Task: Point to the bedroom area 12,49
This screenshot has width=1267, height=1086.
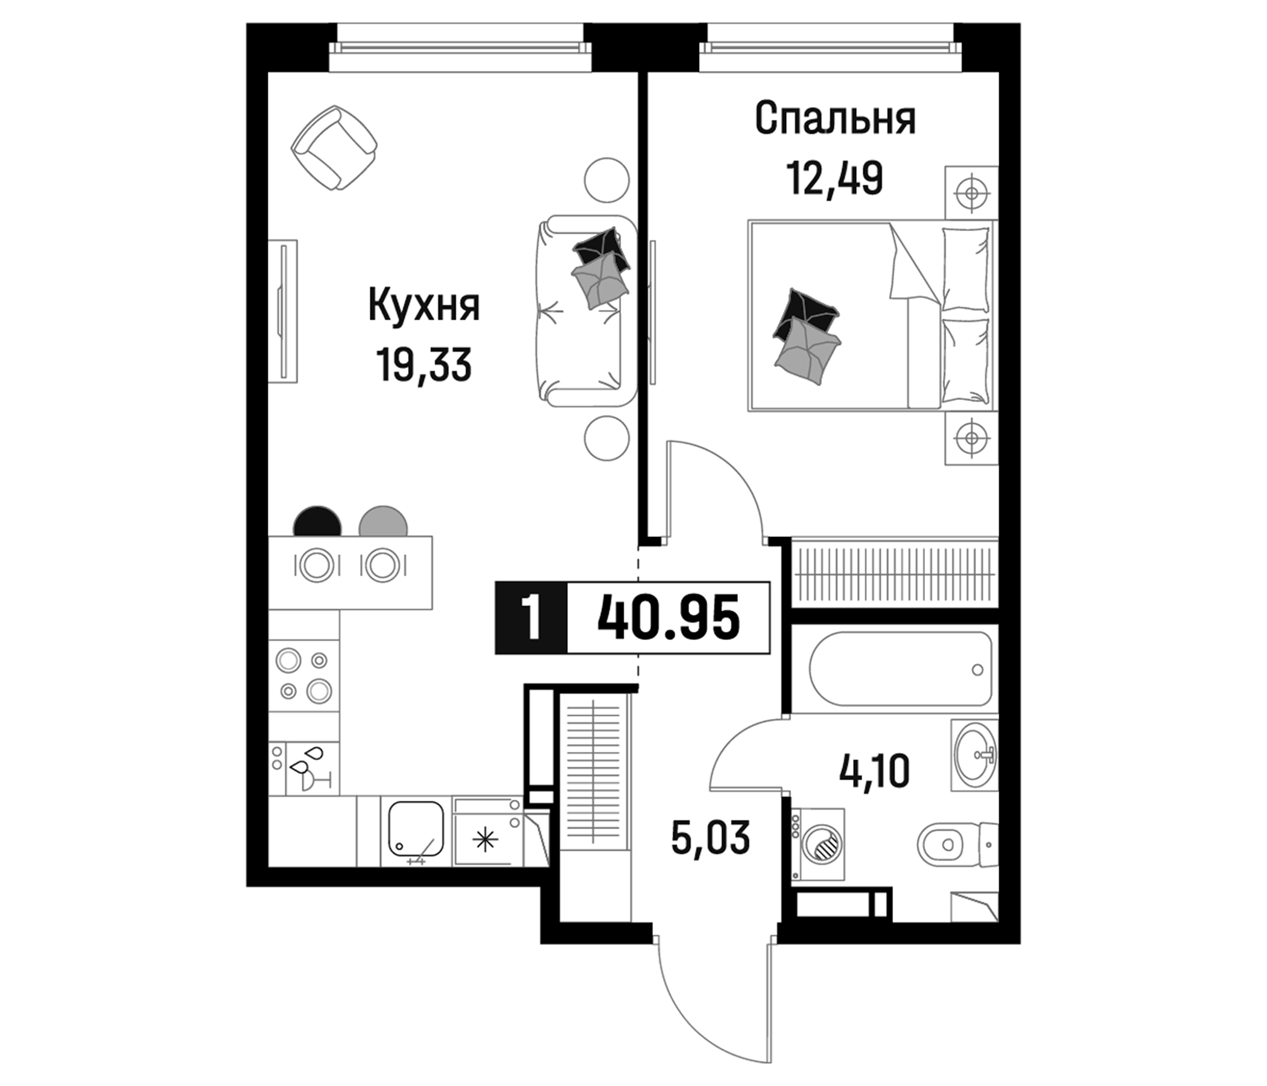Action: coord(835,178)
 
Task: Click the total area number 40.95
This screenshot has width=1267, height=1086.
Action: coord(668,618)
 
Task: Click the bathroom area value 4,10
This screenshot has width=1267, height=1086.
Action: coord(874,772)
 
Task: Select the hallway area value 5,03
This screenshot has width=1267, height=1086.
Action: coord(710,839)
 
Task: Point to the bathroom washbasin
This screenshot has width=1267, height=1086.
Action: coord(974,755)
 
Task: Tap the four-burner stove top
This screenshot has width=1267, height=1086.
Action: coord(304,675)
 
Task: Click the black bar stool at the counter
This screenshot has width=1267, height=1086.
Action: coord(317,522)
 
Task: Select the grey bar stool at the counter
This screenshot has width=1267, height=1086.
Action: coord(383,522)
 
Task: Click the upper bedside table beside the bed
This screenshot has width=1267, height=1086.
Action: coord(971,192)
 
